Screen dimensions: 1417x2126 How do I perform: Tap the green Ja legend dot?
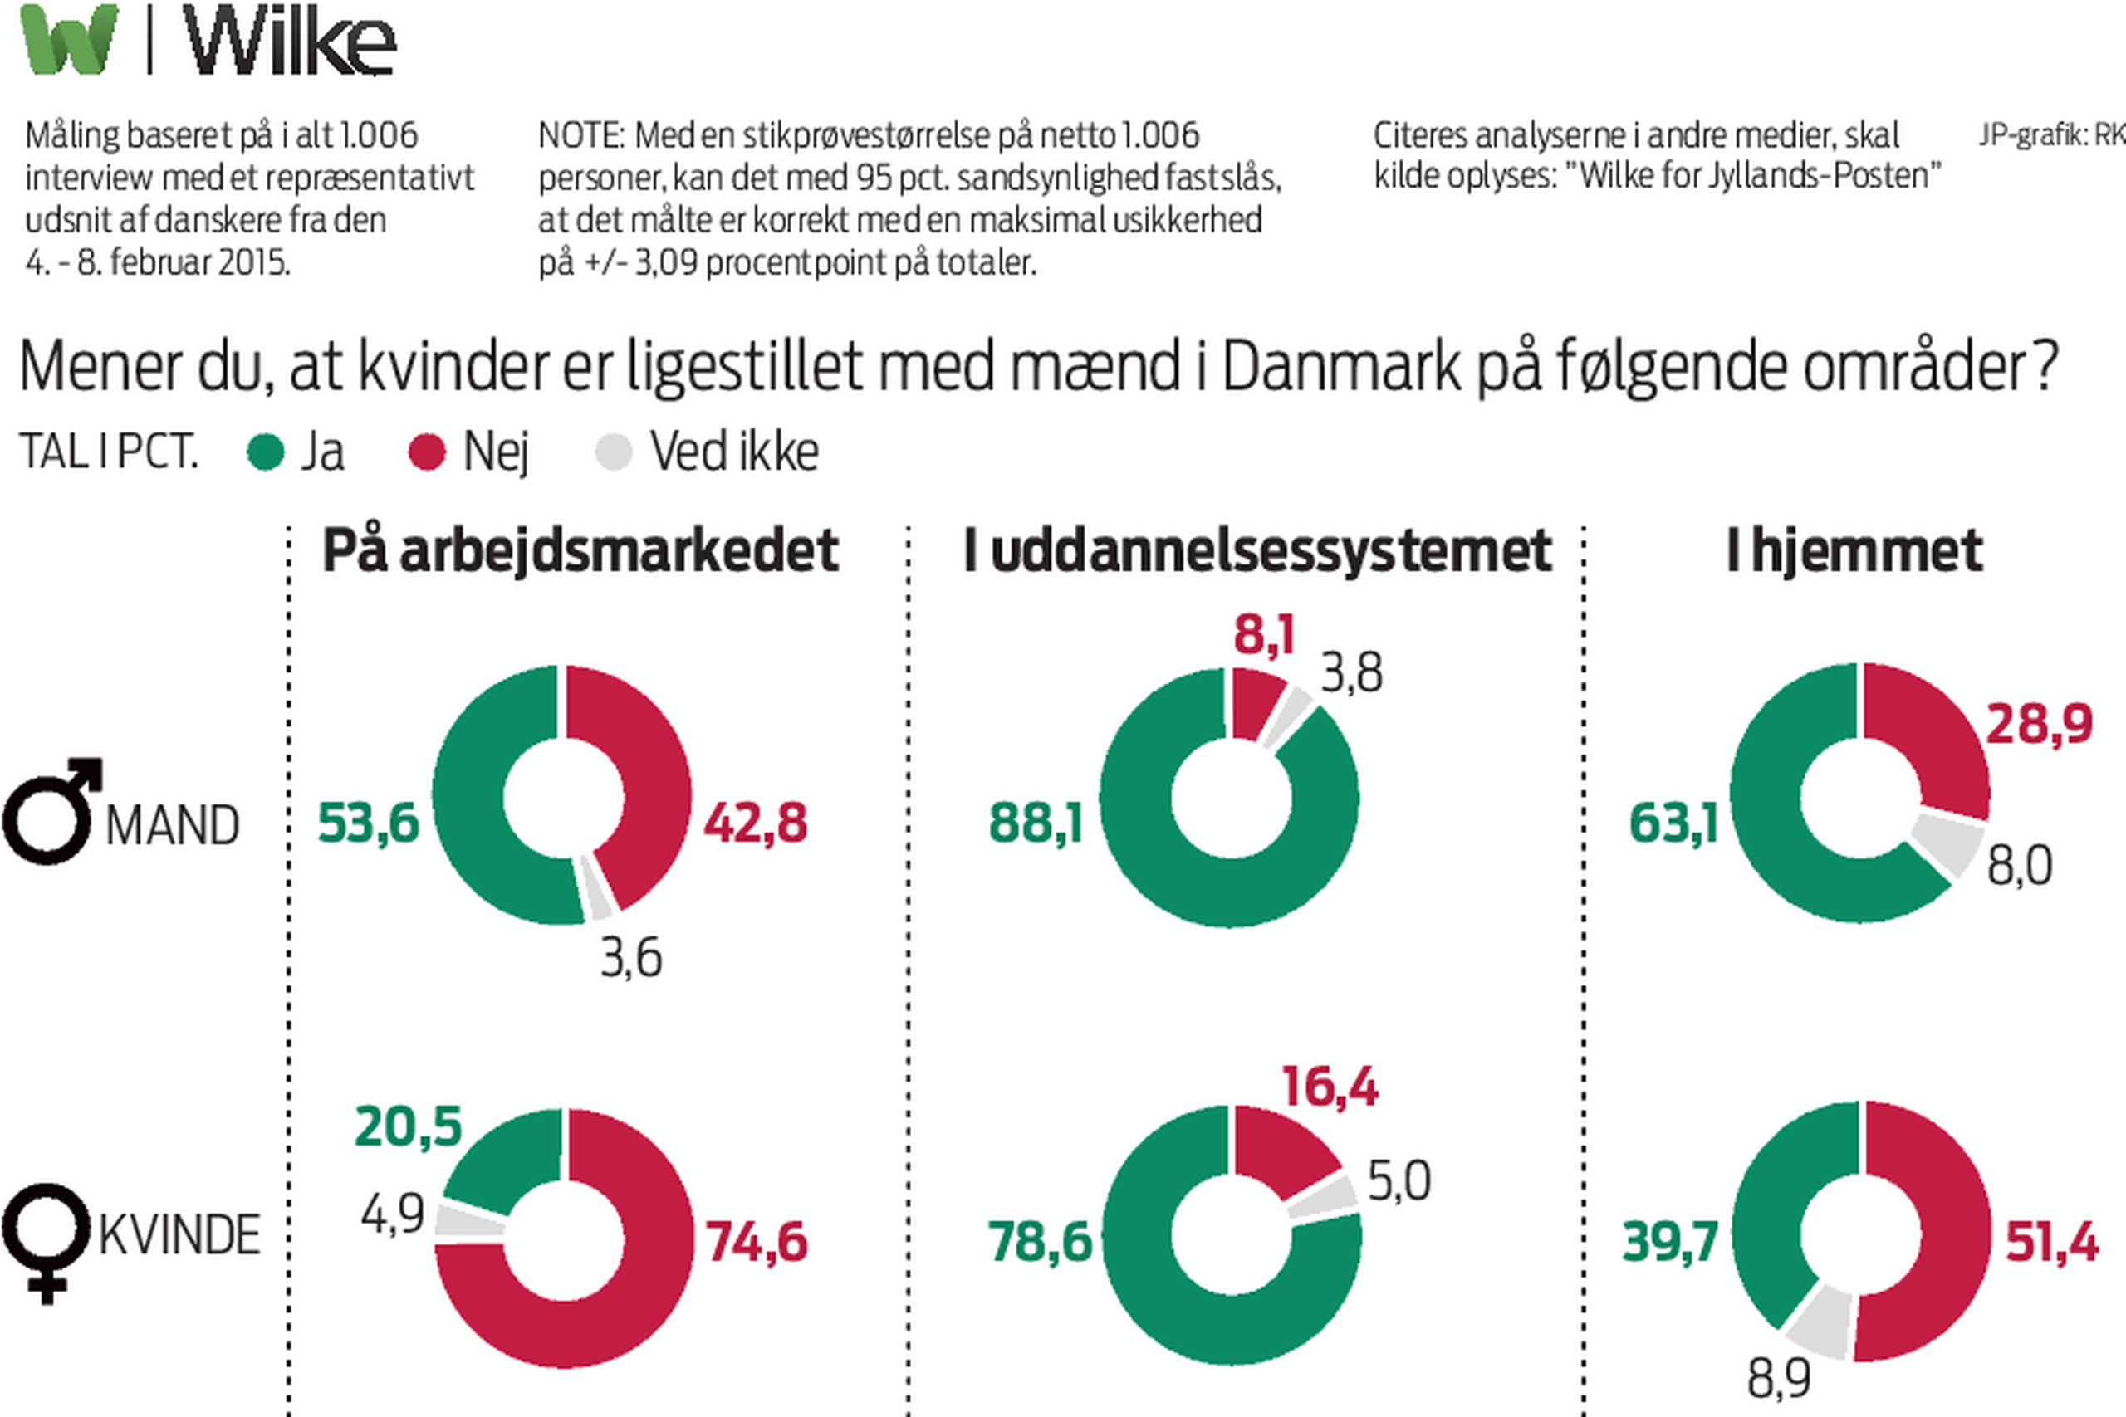266,452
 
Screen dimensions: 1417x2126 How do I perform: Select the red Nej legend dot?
427,452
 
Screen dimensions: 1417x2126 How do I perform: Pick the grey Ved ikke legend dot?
614,452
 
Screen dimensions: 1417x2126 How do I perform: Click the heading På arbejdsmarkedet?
580,550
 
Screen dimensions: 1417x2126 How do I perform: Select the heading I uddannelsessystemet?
1257,550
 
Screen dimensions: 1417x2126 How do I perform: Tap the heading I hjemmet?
1854,550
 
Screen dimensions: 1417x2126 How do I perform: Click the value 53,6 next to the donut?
369,823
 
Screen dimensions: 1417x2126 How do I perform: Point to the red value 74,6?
757,1241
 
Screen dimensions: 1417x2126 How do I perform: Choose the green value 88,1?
1036,823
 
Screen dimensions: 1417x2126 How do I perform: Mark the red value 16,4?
1330,1087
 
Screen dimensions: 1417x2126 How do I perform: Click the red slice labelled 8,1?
1254,701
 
